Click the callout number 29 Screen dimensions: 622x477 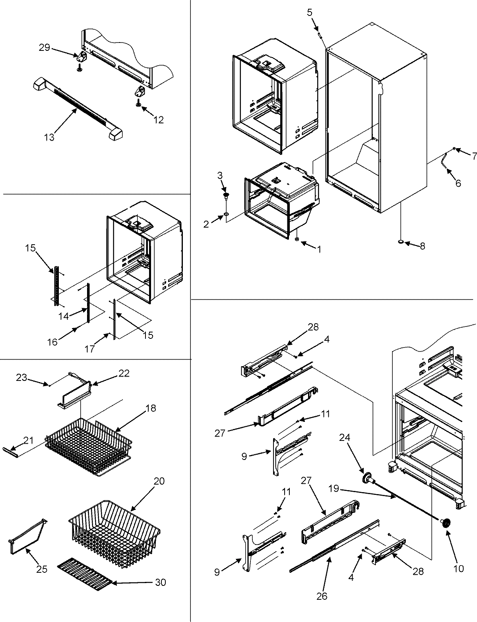coord(45,48)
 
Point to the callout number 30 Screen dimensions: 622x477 coord(161,583)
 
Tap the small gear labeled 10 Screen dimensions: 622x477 coord(445,523)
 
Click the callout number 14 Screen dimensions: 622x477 coord(63,316)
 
